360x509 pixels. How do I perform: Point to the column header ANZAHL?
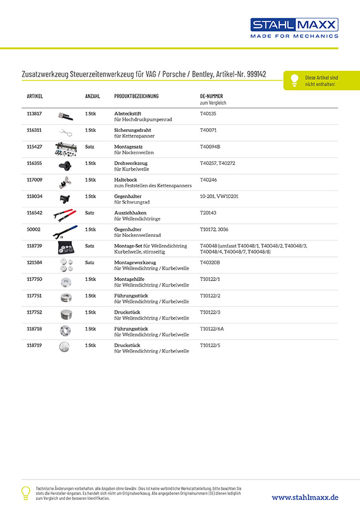point(93,97)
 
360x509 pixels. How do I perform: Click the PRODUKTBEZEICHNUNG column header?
point(136,97)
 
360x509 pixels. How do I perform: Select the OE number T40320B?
point(210,262)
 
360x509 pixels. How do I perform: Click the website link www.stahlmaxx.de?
point(305,497)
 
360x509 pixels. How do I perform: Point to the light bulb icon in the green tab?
point(294,80)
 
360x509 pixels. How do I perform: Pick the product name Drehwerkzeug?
point(131,163)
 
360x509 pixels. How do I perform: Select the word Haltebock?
point(126,180)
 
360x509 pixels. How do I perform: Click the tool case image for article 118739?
point(65,249)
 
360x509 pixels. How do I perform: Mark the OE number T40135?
point(208,114)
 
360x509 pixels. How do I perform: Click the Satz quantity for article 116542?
point(90,213)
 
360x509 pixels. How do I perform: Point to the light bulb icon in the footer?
point(26,491)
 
